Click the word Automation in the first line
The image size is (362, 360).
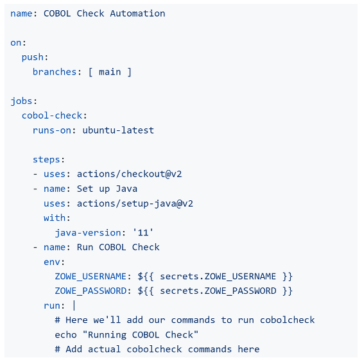click(137, 13)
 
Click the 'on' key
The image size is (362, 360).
click(15, 43)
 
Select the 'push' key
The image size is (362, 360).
click(32, 57)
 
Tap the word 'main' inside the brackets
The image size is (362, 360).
click(110, 72)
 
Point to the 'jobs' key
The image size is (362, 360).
click(21, 101)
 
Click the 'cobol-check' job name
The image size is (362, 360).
click(52, 116)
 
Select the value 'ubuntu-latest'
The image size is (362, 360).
click(118, 130)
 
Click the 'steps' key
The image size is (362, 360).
click(46, 159)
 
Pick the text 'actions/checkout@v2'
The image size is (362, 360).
click(129, 174)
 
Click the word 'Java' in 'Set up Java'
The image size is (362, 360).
click(126, 189)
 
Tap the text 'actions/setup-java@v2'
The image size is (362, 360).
click(135, 203)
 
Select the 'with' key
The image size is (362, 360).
click(55, 218)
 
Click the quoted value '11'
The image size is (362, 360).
click(143, 232)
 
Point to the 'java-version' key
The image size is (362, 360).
click(88, 232)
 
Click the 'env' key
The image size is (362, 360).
click(52, 262)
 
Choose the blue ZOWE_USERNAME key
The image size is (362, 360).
click(90, 277)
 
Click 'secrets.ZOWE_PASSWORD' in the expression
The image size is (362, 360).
click(218, 291)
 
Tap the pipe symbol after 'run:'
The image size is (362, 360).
click(74, 305)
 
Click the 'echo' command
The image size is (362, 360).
click(65, 334)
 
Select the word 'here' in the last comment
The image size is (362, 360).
click(248, 349)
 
